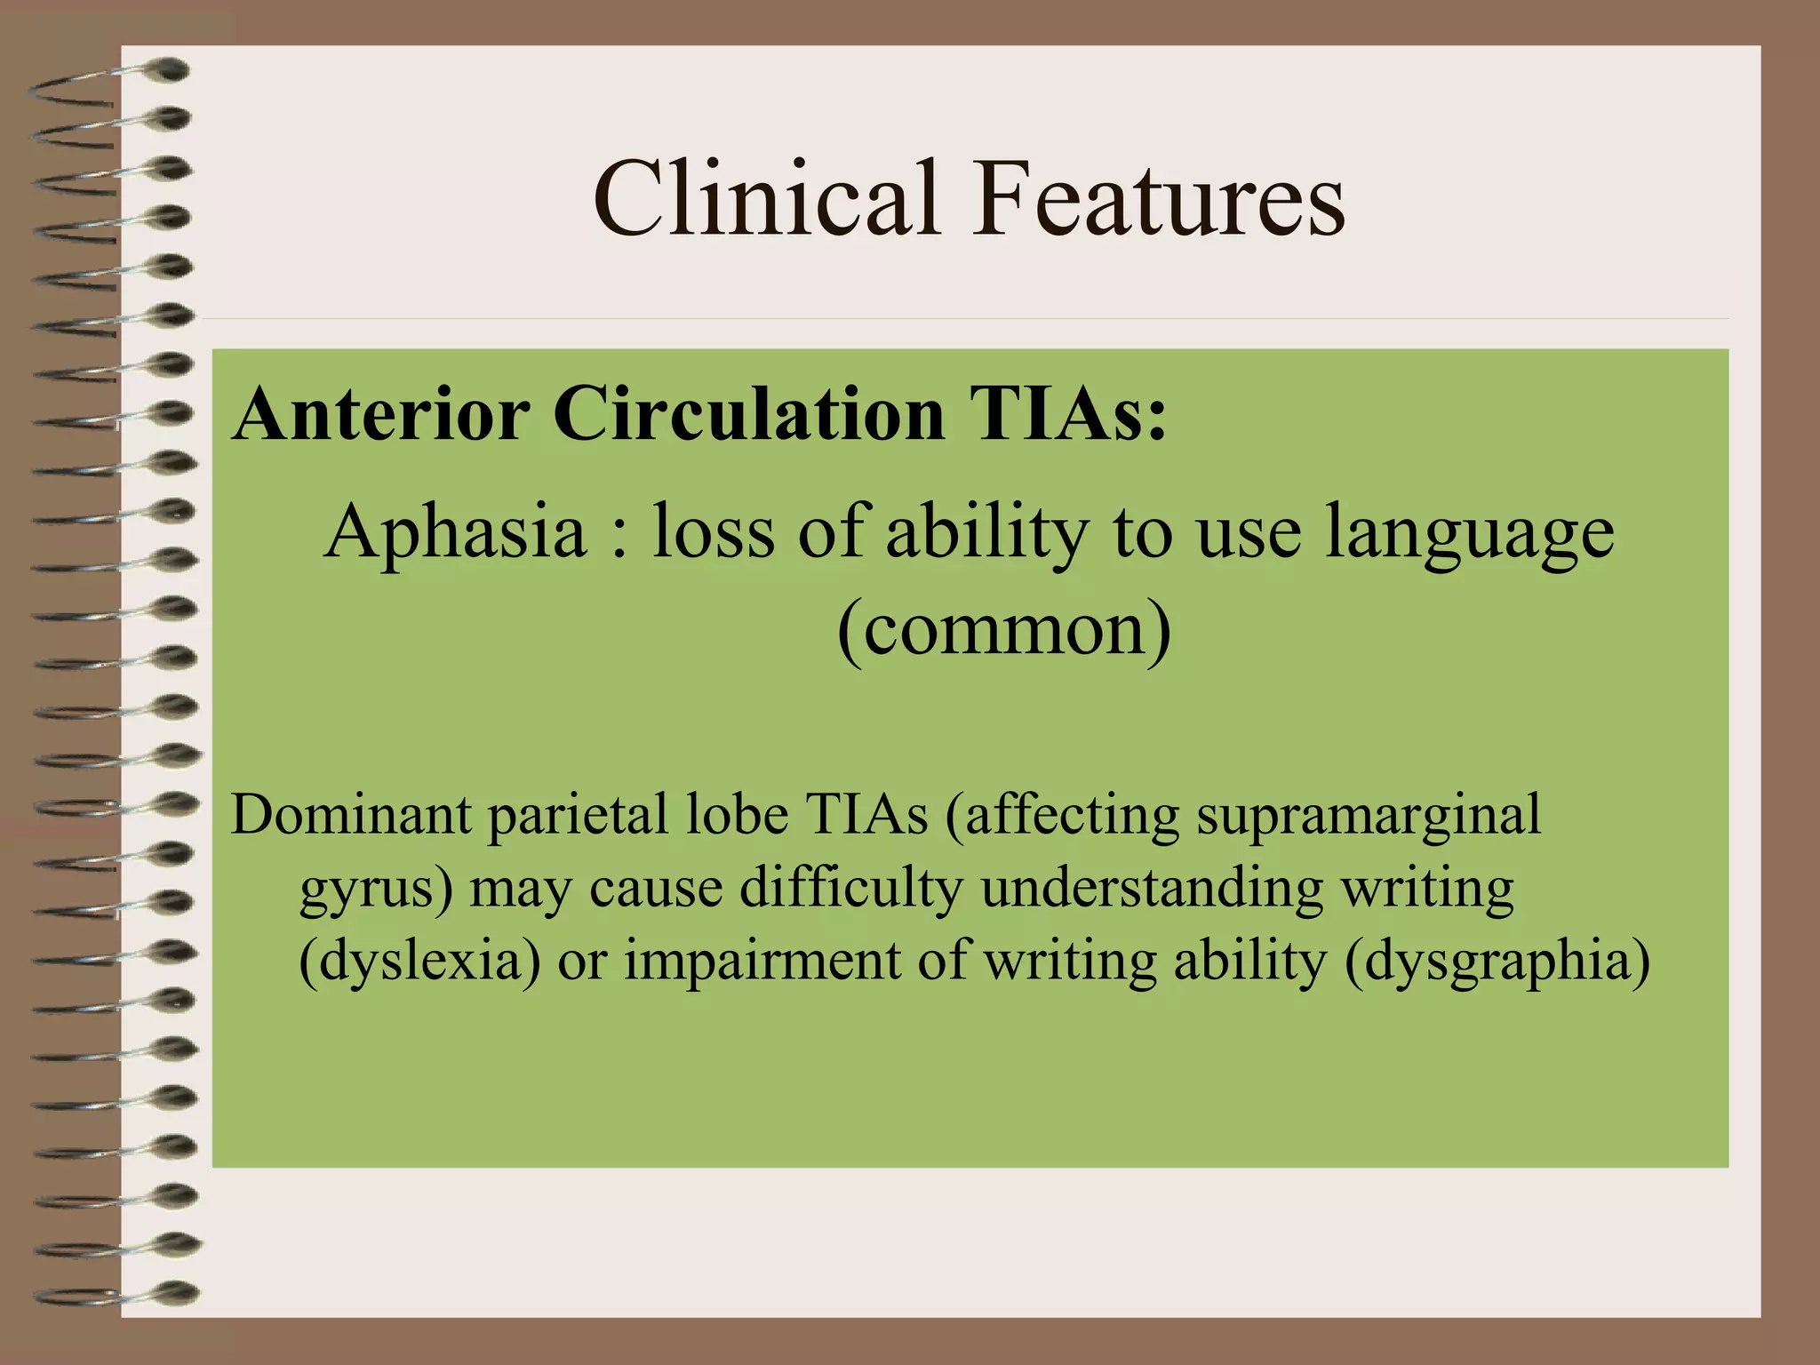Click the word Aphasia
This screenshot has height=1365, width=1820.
pyautogui.click(x=455, y=531)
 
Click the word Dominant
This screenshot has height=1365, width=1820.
pyautogui.click(x=351, y=814)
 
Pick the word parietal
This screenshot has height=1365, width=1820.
pyautogui.click(x=578, y=816)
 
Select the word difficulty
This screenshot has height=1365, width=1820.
pyautogui.click(x=850, y=889)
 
